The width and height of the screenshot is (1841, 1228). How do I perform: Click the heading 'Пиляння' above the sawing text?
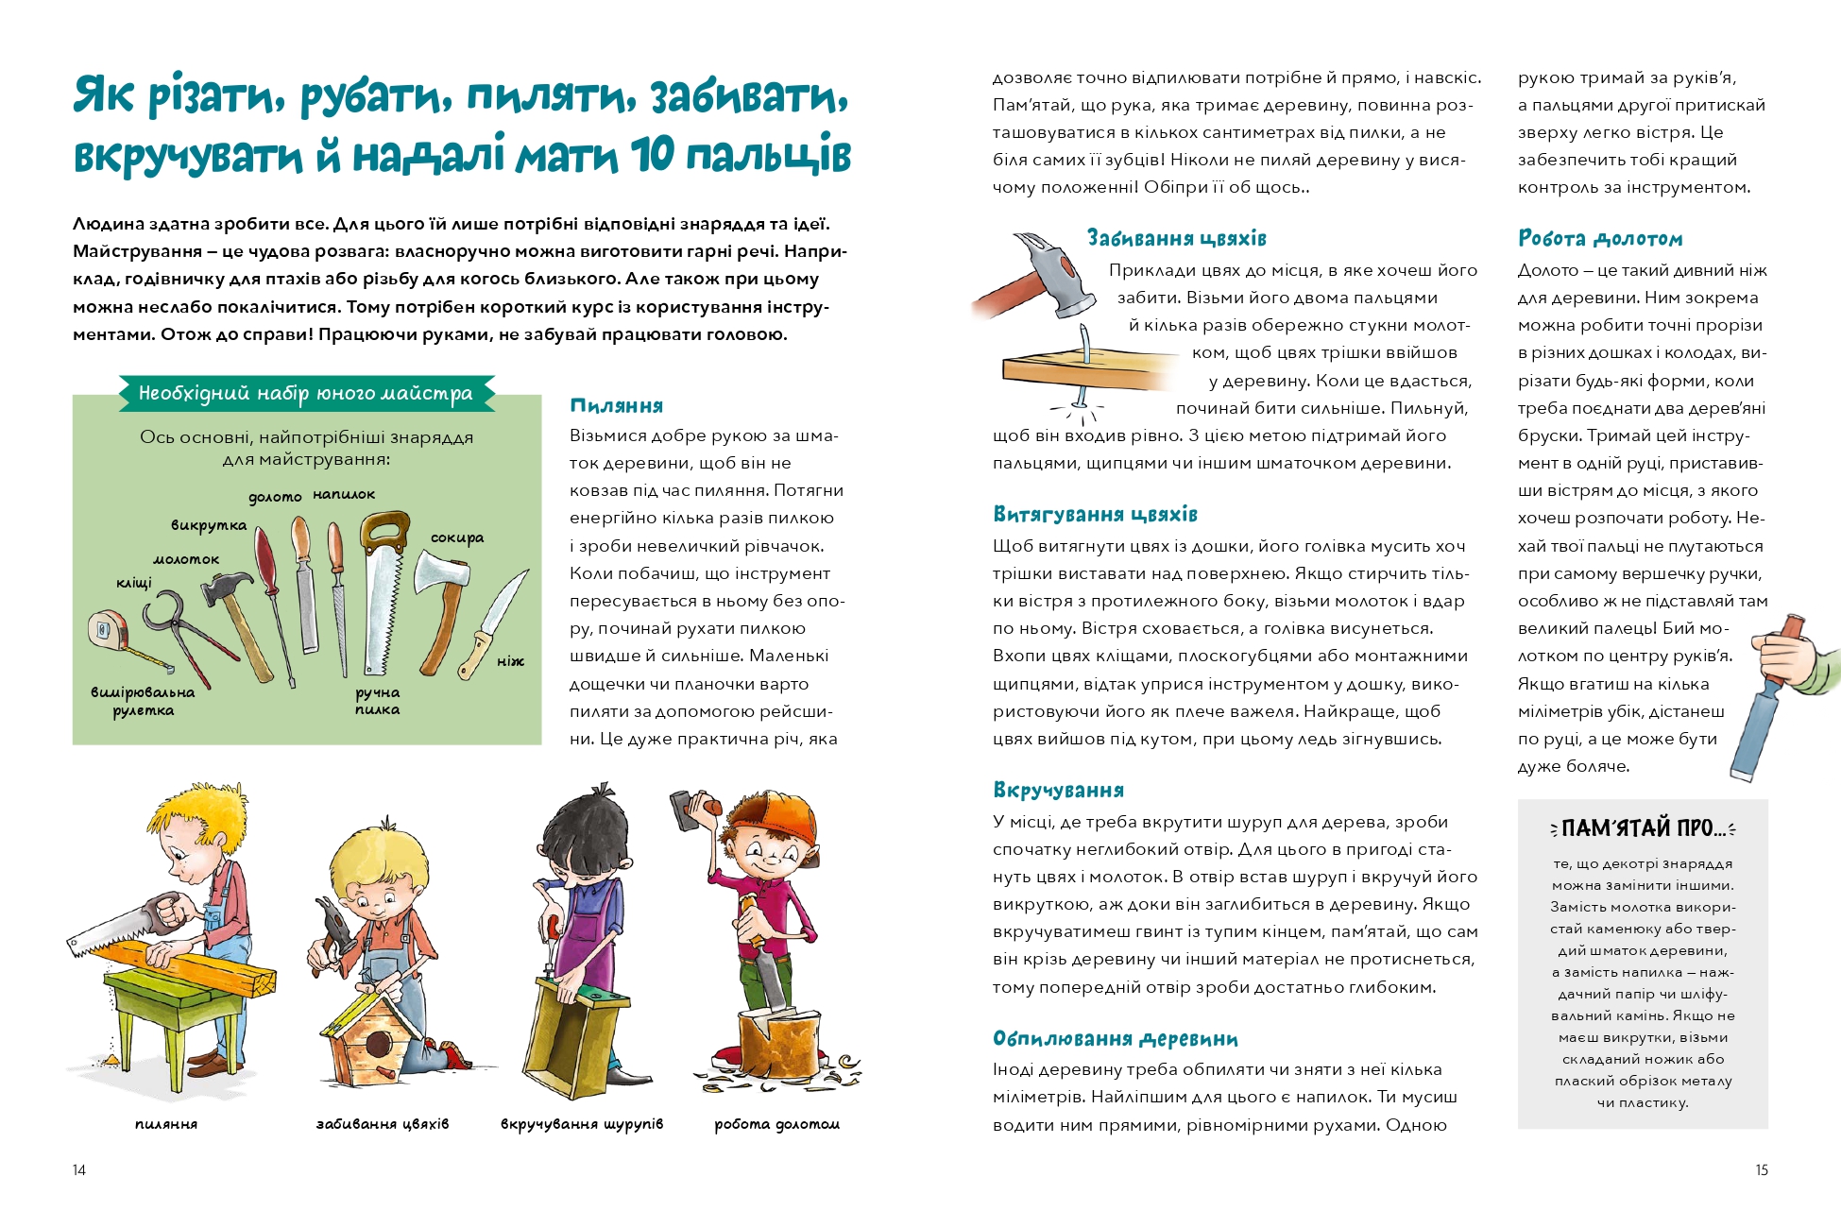click(x=616, y=406)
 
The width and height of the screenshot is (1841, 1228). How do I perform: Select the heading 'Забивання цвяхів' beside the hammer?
click(x=1176, y=238)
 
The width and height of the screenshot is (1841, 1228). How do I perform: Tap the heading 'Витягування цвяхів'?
click(x=1095, y=515)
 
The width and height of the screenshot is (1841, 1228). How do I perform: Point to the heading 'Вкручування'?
click(x=1058, y=791)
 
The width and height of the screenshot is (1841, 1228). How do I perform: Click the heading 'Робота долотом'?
click(x=1600, y=238)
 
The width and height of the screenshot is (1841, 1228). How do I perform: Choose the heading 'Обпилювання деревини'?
click(x=1115, y=1039)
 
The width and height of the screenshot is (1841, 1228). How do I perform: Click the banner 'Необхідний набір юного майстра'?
click(x=305, y=393)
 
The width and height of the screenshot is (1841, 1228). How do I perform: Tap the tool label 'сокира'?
click(x=457, y=537)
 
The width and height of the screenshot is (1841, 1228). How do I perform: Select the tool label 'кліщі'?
click(x=134, y=583)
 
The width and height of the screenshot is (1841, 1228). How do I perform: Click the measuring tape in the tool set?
click(x=108, y=630)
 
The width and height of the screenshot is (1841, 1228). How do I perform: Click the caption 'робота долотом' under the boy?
click(x=776, y=1124)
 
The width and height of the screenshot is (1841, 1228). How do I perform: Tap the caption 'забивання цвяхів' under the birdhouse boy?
click(x=383, y=1124)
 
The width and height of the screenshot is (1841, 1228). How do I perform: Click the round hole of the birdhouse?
click(x=380, y=1045)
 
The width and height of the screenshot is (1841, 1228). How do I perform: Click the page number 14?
click(x=79, y=1170)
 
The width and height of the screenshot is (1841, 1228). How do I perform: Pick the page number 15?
click(x=1761, y=1170)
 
